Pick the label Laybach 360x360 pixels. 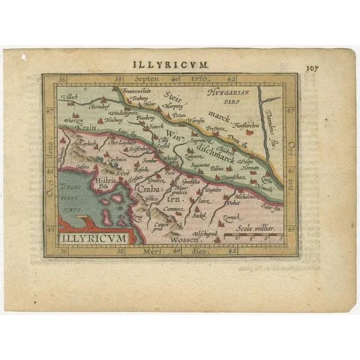pyautogui.click(x=86, y=145)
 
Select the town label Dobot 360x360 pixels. pyautogui.click(x=233, y=203)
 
